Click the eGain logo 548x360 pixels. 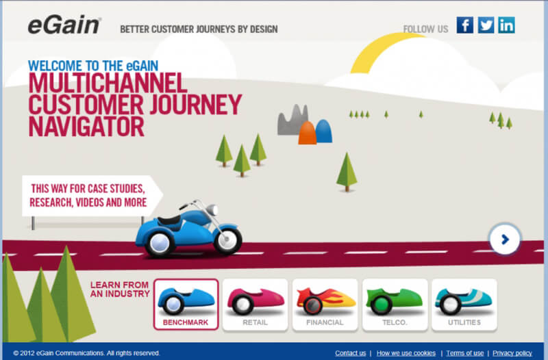pos(64,26)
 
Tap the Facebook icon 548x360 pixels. pos(465,25)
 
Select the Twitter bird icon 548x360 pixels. pos(486,25)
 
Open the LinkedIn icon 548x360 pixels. pos(506,25)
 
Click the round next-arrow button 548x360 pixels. pos(504,240)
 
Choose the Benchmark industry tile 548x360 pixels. pos(186,305)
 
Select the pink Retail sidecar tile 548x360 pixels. pos(255,305)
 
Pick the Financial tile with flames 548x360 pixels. pos(325,305)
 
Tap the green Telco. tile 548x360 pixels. pos(395,305)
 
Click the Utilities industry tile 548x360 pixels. pos(464,305)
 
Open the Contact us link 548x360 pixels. pos(351,353)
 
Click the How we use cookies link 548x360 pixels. pos(406,353)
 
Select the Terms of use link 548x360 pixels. pos(465,353)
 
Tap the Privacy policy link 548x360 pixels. pos(512,353)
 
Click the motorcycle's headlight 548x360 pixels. pos(212,209)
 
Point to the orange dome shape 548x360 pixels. pos(307,133)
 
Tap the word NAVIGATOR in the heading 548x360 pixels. pos(86,127)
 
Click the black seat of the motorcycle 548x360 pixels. pos(169,221)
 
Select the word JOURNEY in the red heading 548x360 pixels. pos(196,104)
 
